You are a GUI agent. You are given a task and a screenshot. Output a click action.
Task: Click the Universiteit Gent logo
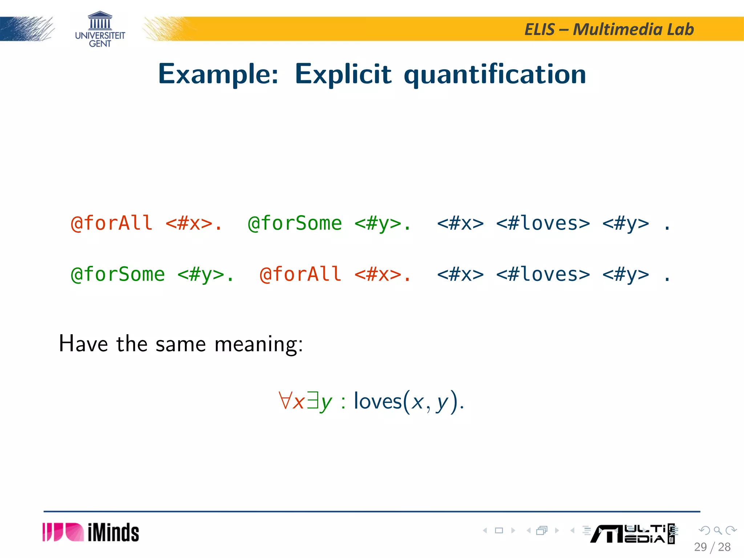pos(100,29)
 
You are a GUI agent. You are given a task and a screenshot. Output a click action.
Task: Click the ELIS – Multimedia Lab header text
pos(609,29)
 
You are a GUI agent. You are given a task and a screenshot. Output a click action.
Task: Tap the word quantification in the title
pos(495,74)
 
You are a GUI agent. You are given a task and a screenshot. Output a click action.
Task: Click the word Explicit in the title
pos(343,74)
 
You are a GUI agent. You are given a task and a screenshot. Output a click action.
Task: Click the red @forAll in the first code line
pos(112,223)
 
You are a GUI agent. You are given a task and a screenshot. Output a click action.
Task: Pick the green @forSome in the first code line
pos(295,223)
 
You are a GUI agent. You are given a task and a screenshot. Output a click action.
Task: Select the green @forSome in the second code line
pos(118,274)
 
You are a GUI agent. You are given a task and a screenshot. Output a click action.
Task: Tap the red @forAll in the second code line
pos(300,274)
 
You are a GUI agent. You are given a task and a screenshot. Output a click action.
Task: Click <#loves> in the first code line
pos(543,223)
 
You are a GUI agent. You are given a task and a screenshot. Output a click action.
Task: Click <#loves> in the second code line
pos(543,274)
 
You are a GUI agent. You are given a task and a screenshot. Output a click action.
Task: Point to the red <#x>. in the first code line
pos(193,223)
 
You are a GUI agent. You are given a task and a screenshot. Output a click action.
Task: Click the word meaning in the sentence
pos(258,344)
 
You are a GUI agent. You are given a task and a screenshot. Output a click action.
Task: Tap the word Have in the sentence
pos(83,344)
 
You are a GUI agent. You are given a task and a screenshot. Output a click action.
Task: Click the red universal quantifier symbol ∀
pos(285,400)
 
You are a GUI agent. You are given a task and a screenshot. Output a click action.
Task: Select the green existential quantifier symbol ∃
pos(312,400)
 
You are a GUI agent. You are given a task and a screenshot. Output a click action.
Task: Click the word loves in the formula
pos(378,401)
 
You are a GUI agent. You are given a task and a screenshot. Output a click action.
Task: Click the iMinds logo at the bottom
pos(91,532)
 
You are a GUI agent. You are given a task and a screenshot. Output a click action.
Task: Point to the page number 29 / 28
pos(712,547)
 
